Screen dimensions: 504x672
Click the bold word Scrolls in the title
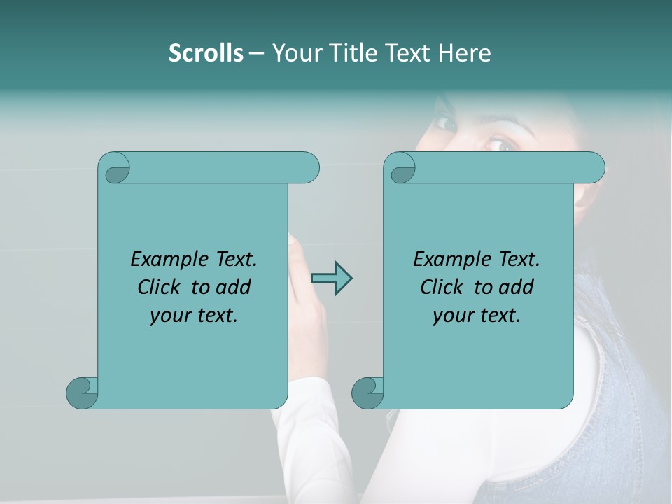click(206, 52)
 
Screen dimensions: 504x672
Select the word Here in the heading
click(465, 52)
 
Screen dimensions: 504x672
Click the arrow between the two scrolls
click(331, 279)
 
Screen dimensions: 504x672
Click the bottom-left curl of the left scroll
click(83, 392)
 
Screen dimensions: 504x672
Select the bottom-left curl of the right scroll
click(367, 392)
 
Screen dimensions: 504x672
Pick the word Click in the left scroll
click(161, 287)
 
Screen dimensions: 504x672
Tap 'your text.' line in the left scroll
click(194, 315)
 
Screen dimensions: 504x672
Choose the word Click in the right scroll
click(443, 287)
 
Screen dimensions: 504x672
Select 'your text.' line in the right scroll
click(477, 315)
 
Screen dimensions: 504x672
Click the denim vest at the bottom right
click(623, 406)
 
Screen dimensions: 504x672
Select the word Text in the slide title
click(409, 52)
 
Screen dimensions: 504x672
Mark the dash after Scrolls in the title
click(256, 53)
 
